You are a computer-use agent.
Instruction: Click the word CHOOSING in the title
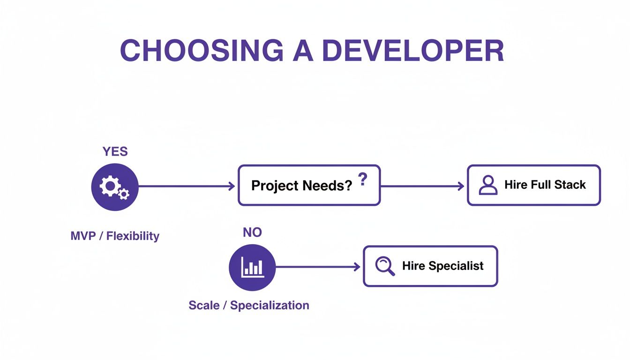point(202,50)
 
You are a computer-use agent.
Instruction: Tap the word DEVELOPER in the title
point(413,50)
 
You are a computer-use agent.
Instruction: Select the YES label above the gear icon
point(115,151)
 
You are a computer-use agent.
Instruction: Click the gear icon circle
point(115,187)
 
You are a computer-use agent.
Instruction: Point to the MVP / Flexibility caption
point(115,236)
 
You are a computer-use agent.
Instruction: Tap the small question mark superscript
point(362,180)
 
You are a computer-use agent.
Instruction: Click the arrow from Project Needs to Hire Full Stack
point(422,186)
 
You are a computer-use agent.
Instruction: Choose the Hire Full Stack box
point(533,185)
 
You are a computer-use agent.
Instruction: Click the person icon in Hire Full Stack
point(488,185)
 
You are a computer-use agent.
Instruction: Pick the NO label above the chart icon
point(252,232)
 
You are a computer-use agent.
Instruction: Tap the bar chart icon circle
point(252,267)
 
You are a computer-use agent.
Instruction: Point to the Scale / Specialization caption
point(249,306)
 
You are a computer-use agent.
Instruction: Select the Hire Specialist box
point(430,266)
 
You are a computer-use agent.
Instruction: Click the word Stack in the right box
point(570,185)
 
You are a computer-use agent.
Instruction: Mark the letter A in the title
point(302,50)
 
